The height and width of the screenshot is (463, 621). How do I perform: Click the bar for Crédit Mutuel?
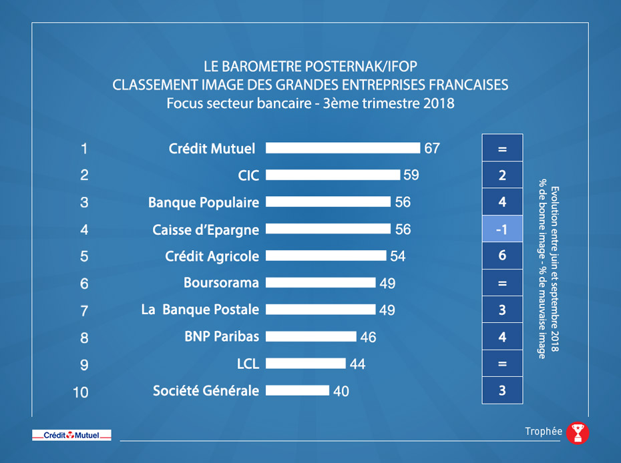coord(343,148)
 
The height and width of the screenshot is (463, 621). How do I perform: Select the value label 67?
coord(432,148)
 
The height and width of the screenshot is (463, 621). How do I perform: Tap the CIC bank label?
coord(248,175)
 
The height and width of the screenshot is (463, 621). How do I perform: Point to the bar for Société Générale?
coord(298,390)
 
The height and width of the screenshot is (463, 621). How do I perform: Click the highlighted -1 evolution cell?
coord(502,229)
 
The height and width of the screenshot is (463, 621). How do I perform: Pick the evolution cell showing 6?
coord(502,256)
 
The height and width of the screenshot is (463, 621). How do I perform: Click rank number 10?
coord(80,392)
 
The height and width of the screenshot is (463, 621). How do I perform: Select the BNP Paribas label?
coord(221,337)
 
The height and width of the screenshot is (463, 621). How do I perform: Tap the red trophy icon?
coord(578,433)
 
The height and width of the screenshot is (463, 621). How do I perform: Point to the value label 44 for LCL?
coord(357,364)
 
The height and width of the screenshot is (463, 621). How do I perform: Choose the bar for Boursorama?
coord(321,283)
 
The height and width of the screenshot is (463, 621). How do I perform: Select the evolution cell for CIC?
coord(502,175)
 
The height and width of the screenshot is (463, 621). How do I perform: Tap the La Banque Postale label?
coord(200,310)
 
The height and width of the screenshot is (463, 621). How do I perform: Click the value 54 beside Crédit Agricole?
coord(397,256)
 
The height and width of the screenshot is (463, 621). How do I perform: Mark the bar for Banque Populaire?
coord(328,202)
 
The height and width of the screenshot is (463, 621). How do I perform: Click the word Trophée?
coord(543,432)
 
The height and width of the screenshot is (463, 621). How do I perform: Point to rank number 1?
coord(84,148)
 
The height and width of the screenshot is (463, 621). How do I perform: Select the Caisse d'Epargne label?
coord(206,229)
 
